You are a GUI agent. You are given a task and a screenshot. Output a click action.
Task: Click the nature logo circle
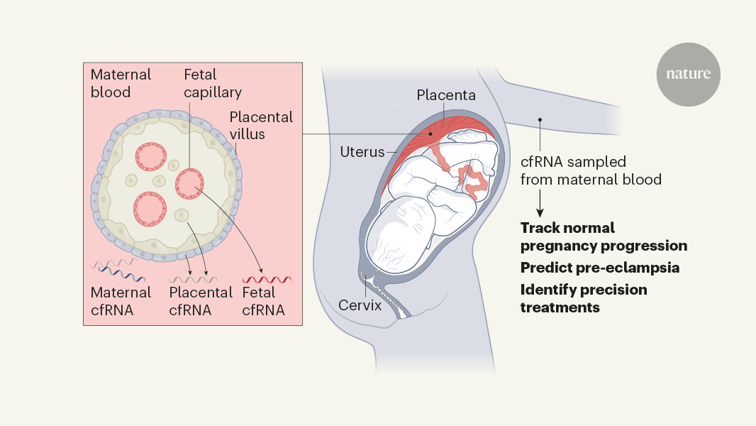pyautogui.click(x=688, y=75)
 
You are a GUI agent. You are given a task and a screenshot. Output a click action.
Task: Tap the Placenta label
pyautogui.click(x=446, y=94)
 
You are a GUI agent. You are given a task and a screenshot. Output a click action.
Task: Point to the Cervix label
pyautogui.click(x=360, y=306)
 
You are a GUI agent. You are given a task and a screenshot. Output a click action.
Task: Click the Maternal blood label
pyautogui.click(x=121, y=83)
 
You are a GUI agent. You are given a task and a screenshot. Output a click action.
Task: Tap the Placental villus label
pyautogui.click(x=261, y=125)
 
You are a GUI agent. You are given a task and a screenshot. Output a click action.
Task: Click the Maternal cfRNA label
pyautogui.click(x=121, y=301)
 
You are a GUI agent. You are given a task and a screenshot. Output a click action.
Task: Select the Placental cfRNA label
pyautogui.click(x=201, y=301)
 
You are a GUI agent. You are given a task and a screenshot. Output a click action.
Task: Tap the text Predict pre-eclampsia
pyautogui.click(x=600, y=268)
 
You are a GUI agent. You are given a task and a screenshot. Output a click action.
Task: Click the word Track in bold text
pyautogui.click(x=540, y=228)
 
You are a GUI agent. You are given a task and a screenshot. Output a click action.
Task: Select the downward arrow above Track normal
pyautogui.click(x=540, y=205)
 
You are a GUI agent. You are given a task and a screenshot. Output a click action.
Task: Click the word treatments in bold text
pyautogui.click(x=560, y=307)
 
